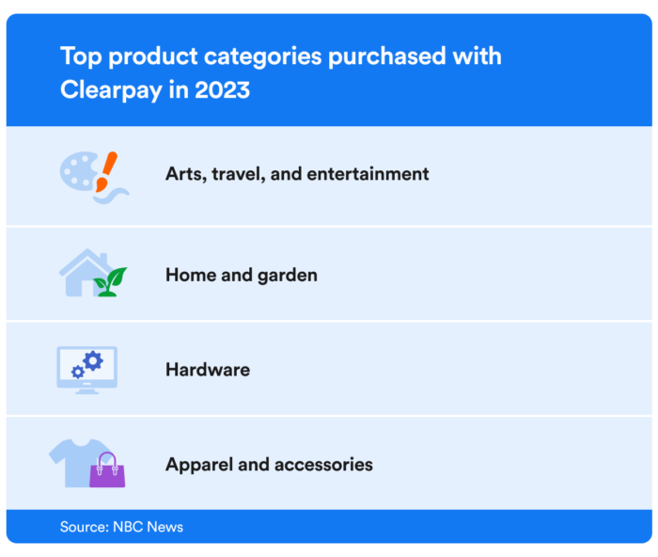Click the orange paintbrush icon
[x=106, y=170]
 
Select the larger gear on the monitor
[x=92, y=360]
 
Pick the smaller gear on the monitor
[x=77, y=373]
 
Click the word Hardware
[x=208, y=370]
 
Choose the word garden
[x=285, y=276]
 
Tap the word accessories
[x=323, y=465]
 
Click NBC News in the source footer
[x=148, y=527]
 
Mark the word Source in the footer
[x=83, y=527]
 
